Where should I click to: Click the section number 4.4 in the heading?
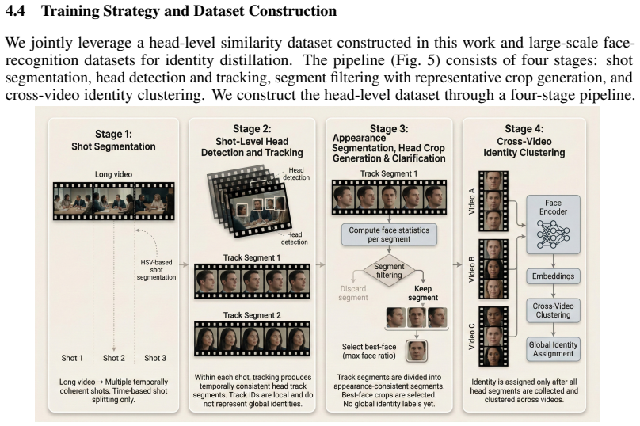click(x=15, y=11)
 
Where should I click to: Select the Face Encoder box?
click(x=553, y=224)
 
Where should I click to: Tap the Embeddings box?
click(x=553, y=276)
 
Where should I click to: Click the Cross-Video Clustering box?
click(x=553, y=310)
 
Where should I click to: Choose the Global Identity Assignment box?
click(x=553, y=349)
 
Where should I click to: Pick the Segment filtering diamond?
click(x=389, y=271)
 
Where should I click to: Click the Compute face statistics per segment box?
click(x=389, y=234)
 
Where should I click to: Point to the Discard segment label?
click(x=353, y=293)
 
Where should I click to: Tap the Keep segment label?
click(x=423, y=293)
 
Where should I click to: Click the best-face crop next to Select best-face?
click(x=417, y=351)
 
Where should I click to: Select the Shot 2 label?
click(x=114, y=358)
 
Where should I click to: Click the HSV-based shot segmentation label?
click(x=156, y=270)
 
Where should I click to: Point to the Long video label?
click(x=113, y=174)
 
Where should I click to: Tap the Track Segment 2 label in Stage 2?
click(x=252, y=315)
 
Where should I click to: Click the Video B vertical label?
click(x=472, y=270)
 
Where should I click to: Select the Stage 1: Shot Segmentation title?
click(x=113, y=140)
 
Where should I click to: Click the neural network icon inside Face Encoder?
click(x=553, y=234)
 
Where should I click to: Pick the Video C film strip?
click(x=493, y=337)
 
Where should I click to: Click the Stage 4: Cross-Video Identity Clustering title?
click(x=524, y=141)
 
